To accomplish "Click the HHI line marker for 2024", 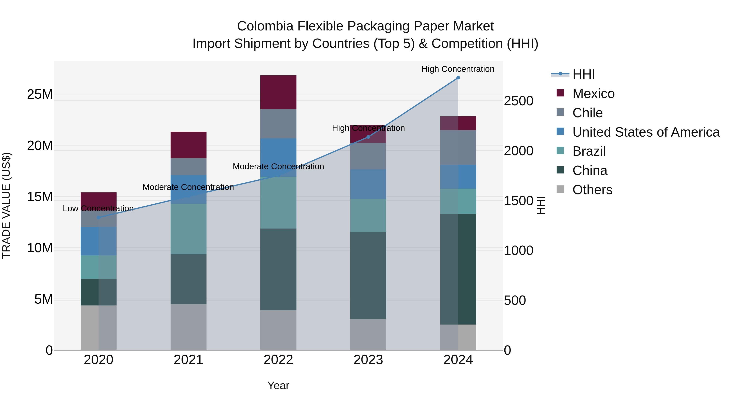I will click(458, 78).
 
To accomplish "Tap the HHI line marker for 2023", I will click(368, 137).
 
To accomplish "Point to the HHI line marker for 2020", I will click(98, 218).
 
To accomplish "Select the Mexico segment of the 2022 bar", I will click(278, 92).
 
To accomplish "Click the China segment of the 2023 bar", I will click(368, 275).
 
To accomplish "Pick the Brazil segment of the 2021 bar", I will click(188, 229).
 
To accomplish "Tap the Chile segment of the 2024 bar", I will click(458, 148).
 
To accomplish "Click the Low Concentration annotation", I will click(98, 208).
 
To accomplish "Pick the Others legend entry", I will click(592, 190).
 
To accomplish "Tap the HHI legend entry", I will click(583, 74).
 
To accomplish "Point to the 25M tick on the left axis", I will click(40, 94).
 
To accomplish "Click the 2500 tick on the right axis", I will click(518, 101).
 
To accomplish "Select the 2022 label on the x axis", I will click(278, 360).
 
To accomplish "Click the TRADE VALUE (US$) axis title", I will click(6, 205).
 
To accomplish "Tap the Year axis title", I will click(278, 385).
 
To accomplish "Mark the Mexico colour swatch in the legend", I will click(560, 93).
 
